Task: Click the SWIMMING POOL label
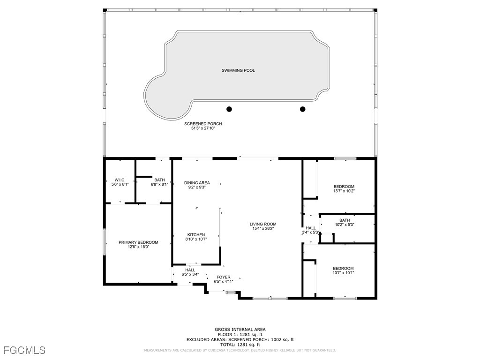(x=238, y=70)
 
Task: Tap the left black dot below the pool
(x=229, y=109)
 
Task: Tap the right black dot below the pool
(x=302, y=109)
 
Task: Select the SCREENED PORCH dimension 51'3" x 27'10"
(x=203, y=128)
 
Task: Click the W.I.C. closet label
(x=120, y=180)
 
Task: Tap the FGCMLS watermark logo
(x=24, y=350)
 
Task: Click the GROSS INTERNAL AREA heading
(x=240, y=330)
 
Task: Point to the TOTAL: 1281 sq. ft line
(x=240, y=345)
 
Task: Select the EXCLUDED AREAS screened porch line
(x=240, y=339)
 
